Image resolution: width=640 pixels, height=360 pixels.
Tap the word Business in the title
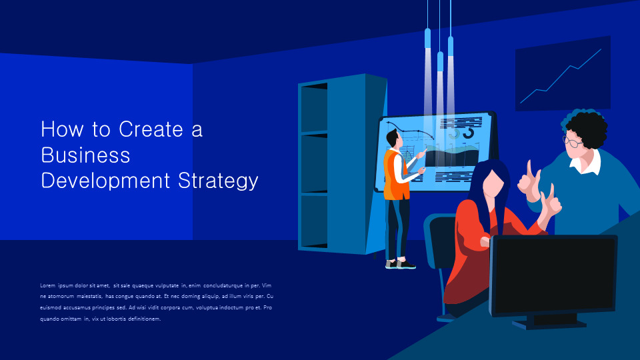tap(85, 155)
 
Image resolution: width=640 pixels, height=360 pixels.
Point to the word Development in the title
tap(106, 180)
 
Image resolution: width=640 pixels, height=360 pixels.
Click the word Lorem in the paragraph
tap(47, 285)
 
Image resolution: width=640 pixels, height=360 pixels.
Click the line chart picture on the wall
tap(563, 75)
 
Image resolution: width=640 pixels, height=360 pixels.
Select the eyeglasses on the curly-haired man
tap(573, 141)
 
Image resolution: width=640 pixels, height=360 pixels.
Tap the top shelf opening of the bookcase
tap(313, 107)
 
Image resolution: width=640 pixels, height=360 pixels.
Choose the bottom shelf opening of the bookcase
tap(313, 220)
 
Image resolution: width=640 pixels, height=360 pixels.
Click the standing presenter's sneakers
tap(400, 264)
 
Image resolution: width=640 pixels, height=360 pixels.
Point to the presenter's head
tap(392, 139)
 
